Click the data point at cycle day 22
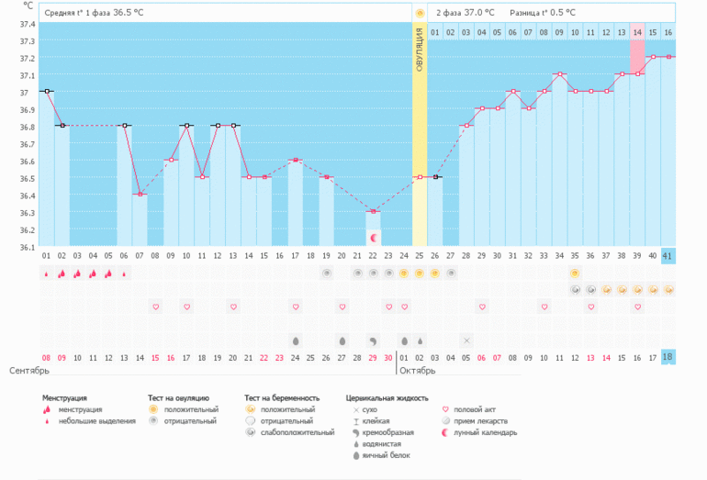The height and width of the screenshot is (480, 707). coord(373,212)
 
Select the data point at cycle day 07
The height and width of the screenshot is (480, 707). coord(140,194)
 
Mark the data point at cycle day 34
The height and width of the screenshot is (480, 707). coord(559,73)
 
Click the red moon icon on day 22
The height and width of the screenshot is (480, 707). coord(373,238)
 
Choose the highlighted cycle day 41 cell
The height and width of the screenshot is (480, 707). coord(668,256)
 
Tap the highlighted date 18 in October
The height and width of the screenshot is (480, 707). coord(668,358)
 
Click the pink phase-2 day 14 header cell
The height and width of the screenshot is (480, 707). coord(636,33)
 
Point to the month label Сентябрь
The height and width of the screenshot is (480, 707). coord(28,371)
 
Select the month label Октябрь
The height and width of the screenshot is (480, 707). coord(418,371)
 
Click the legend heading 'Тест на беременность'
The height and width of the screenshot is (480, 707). coord(282,397)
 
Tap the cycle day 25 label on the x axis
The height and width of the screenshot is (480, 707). coord(420,256)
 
